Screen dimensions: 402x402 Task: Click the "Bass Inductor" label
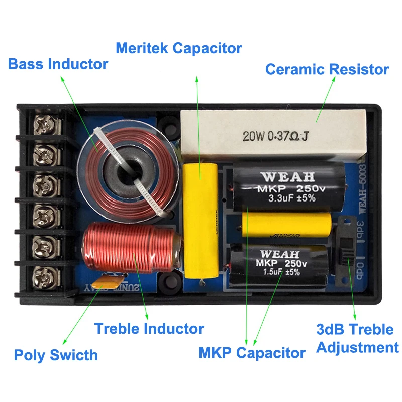[x=58, y=64]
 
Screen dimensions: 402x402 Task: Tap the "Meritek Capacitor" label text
[x=178, y=48]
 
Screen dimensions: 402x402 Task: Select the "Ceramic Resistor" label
[x=327, y=69]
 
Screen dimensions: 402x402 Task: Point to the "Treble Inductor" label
[x=149, y=329]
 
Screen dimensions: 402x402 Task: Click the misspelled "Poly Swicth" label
[x=55, y=355]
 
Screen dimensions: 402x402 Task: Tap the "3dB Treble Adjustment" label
[x=357, y=338]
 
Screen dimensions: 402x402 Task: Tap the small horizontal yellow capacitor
[x=286, y=223]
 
